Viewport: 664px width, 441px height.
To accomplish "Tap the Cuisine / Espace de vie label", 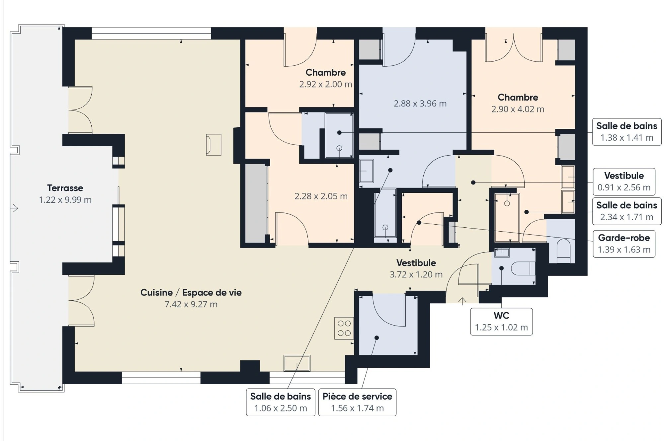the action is pos(191,292).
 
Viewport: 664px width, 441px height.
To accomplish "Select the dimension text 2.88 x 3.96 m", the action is pos(420,104).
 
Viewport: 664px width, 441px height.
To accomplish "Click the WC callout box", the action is pos(501,322).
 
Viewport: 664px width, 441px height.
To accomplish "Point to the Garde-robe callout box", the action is pos(624,244).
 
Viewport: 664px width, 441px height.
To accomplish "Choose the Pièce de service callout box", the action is pos(357,402).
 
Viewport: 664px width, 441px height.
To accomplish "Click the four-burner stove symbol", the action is pos(344,328).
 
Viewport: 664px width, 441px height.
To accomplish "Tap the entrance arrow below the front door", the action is pos(462,301).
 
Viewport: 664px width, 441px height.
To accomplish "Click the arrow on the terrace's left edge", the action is pos(14,208).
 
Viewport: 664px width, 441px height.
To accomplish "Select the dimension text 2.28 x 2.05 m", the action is pos(321,196).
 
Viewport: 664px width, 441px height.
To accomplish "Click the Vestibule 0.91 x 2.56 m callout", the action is pos(624,182).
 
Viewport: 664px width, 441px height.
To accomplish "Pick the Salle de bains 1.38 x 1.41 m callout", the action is pos(627,132).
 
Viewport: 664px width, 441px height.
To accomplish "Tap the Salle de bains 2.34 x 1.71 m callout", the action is pos(627,211).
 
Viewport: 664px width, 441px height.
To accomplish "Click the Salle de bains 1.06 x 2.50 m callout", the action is pos(281,402).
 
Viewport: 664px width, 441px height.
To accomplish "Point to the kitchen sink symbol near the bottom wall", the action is pos(297,363).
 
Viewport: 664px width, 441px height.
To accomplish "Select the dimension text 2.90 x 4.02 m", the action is pos(518,109).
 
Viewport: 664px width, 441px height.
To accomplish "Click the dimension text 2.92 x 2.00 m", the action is pos(326,84).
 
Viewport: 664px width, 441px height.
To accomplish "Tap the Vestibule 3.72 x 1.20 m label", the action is pos(416,268).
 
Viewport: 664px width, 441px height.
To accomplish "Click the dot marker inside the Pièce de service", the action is pos(377,338).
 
